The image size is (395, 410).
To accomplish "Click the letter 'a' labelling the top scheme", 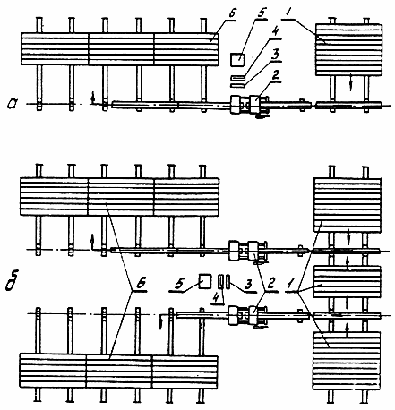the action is coord(13,104).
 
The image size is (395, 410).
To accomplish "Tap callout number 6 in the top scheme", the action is coord(229,15).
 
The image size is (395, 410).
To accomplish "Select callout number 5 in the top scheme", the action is coord(261,13).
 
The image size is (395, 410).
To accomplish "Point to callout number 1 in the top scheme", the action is coord(288,13).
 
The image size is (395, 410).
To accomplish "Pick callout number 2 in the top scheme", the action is coord(275,74).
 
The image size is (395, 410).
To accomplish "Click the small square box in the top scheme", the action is coord(237,59).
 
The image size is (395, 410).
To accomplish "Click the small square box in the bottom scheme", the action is coord(205,281).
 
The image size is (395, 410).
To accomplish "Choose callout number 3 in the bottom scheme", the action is coord(248,285).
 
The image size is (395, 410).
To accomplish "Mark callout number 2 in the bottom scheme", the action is coord(271,285).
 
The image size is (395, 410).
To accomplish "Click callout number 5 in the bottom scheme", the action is coord(179,284).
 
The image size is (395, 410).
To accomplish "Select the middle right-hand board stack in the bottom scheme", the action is coord(347,281).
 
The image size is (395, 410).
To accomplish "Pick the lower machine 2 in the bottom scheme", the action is coord(247,315).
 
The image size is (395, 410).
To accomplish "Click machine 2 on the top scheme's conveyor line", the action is coord(250,105).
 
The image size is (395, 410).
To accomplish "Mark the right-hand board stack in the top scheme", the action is coord(348,49).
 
